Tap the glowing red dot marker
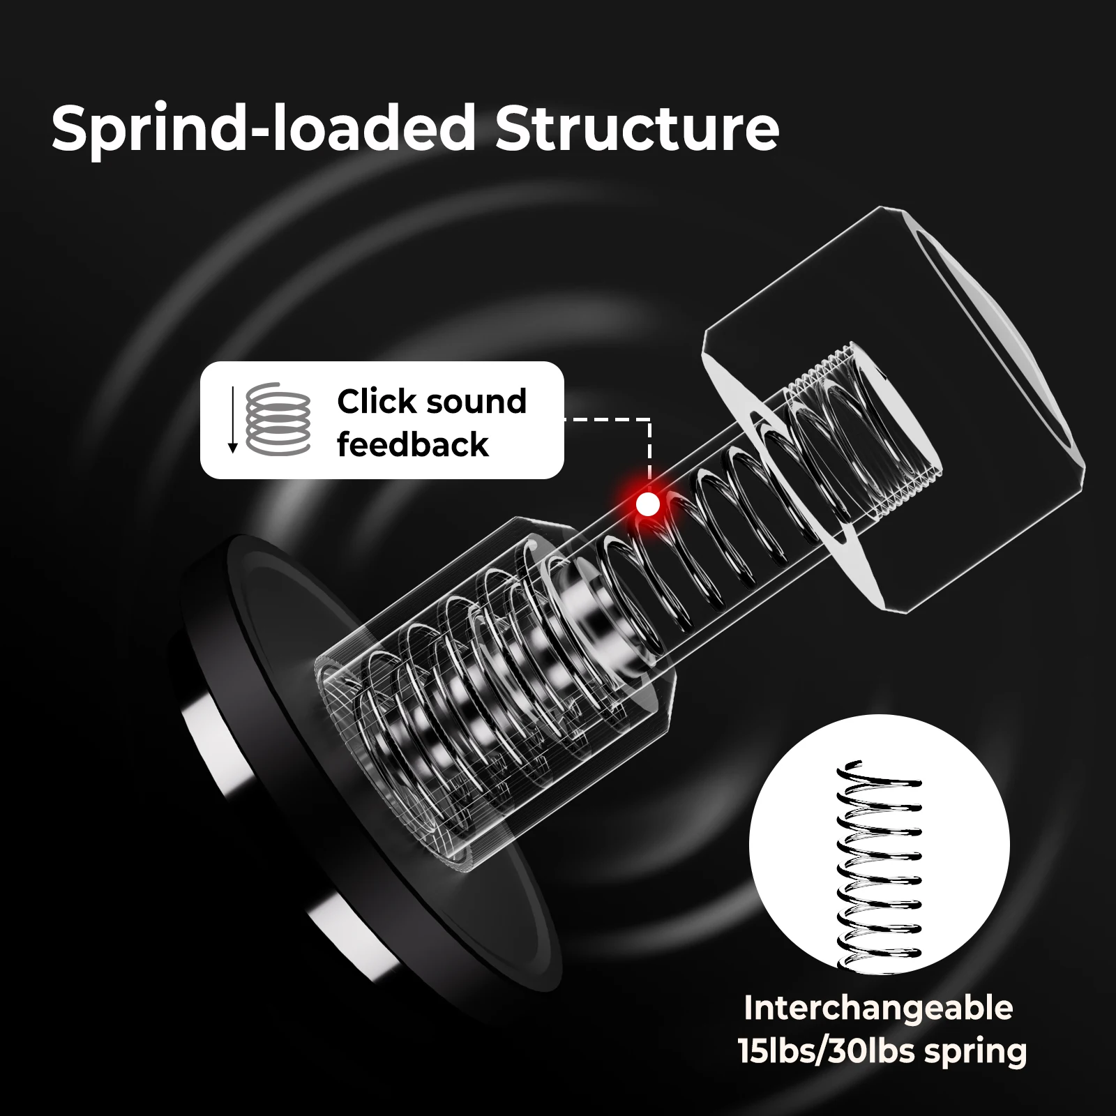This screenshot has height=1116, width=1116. [x=648, y=504]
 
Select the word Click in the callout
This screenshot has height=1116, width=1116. [x=377, y=401]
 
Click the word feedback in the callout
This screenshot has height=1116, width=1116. [x=413, y=445]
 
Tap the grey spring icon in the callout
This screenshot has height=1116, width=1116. [x=278, y=418]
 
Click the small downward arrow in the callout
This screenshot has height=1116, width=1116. [x=233, y=419]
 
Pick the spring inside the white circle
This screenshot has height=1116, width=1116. [x=879, y=866]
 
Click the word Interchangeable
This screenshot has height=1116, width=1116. [x=878, y=1008]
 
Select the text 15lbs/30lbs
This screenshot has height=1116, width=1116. [x=827, y=1051]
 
